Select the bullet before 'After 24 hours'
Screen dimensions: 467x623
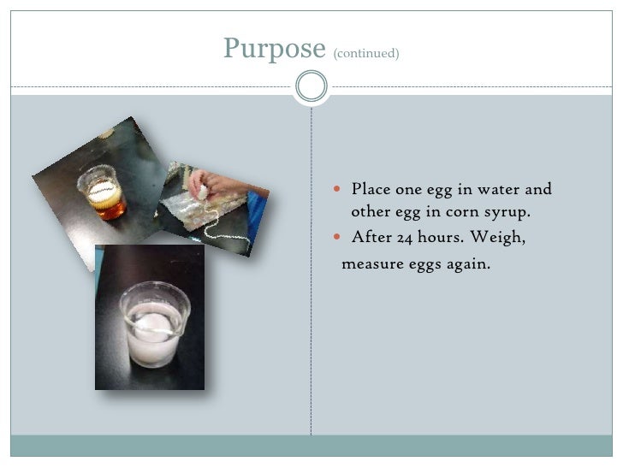click(339, 238)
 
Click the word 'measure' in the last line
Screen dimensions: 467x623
click(371, 264)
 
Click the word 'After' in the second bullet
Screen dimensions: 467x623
click(369, 238)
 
